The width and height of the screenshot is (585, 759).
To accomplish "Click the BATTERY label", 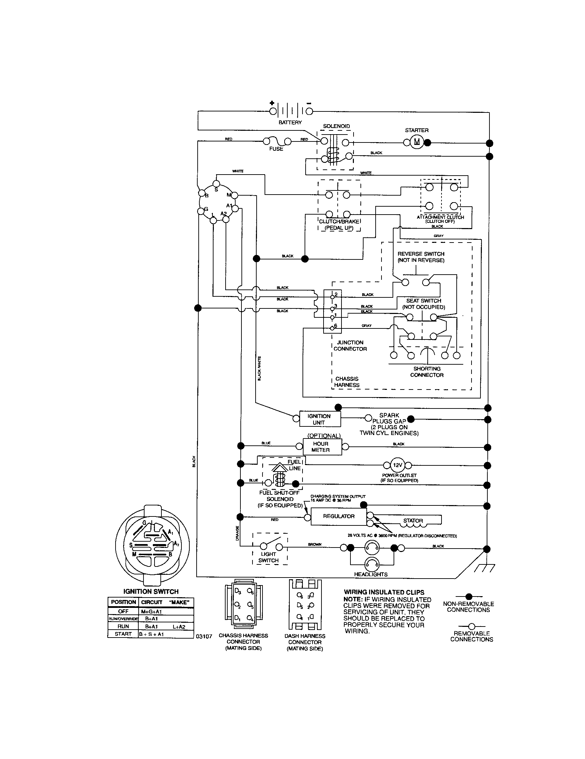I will coord(290,122).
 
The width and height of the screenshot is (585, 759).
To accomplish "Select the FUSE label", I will coord(276,149).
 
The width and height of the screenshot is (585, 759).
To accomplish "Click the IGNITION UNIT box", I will coord(319,419).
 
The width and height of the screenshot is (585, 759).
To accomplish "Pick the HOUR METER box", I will coord(320,446).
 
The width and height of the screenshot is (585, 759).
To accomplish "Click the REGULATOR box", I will coord(338,516).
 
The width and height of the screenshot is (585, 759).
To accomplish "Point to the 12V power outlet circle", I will coord(397,465).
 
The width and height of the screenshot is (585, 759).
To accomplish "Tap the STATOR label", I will coord(413,521).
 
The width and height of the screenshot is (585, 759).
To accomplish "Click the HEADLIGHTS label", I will coord(371,574).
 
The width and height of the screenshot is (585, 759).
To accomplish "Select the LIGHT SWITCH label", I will coord(269,557).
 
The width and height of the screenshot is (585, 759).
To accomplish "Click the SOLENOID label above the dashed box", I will coord(336,126).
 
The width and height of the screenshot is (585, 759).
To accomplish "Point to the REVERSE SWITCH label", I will coord(421,257).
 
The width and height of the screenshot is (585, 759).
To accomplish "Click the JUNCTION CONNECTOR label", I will coord(350,345).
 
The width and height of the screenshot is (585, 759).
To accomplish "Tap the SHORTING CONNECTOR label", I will coord(427,372).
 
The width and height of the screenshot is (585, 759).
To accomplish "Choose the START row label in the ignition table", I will coord(123,634).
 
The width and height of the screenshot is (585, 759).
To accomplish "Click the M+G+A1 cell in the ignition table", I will coord(151,611).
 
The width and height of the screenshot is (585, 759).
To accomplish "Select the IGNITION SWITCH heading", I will coord(151,591).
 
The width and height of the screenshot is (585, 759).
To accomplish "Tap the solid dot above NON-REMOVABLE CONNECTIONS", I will coord(468,597).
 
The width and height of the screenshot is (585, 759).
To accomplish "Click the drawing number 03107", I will coord(204,636).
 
